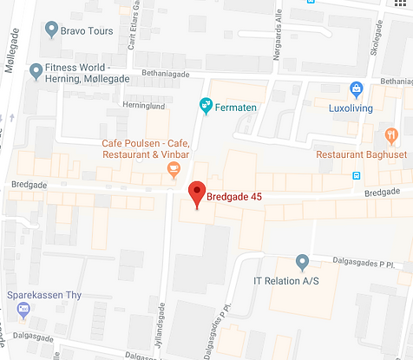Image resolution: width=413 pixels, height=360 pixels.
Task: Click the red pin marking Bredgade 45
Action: [197, 194]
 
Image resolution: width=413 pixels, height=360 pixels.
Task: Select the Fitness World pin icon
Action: [36, 69]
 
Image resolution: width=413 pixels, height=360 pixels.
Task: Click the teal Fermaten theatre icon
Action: [206, 106]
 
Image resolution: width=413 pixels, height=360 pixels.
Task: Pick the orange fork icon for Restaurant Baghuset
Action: [391, 134]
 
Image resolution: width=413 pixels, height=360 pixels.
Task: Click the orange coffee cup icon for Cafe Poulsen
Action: [174, 167]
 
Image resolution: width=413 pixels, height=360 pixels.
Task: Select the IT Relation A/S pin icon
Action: [302, 260]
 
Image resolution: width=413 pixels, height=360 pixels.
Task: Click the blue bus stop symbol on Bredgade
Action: [356, 174]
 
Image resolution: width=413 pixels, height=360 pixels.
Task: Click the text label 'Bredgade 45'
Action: [234, 196]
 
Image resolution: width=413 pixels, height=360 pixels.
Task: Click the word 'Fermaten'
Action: [238, 107]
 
